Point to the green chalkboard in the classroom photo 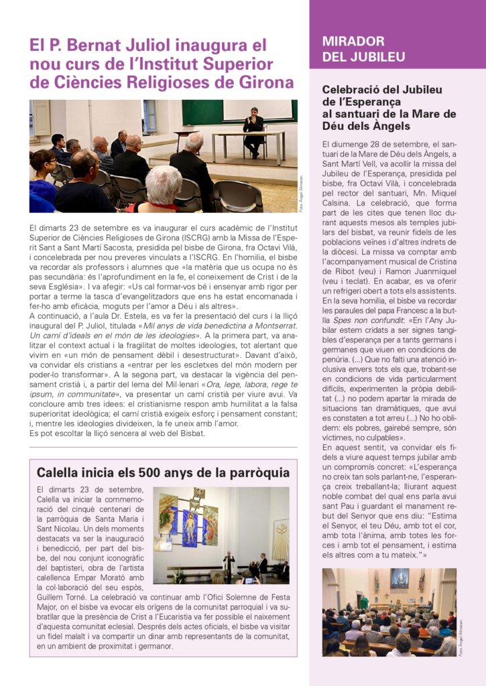(202, 112)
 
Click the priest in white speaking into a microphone (229, 565)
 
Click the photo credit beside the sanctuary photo (461, 636)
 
